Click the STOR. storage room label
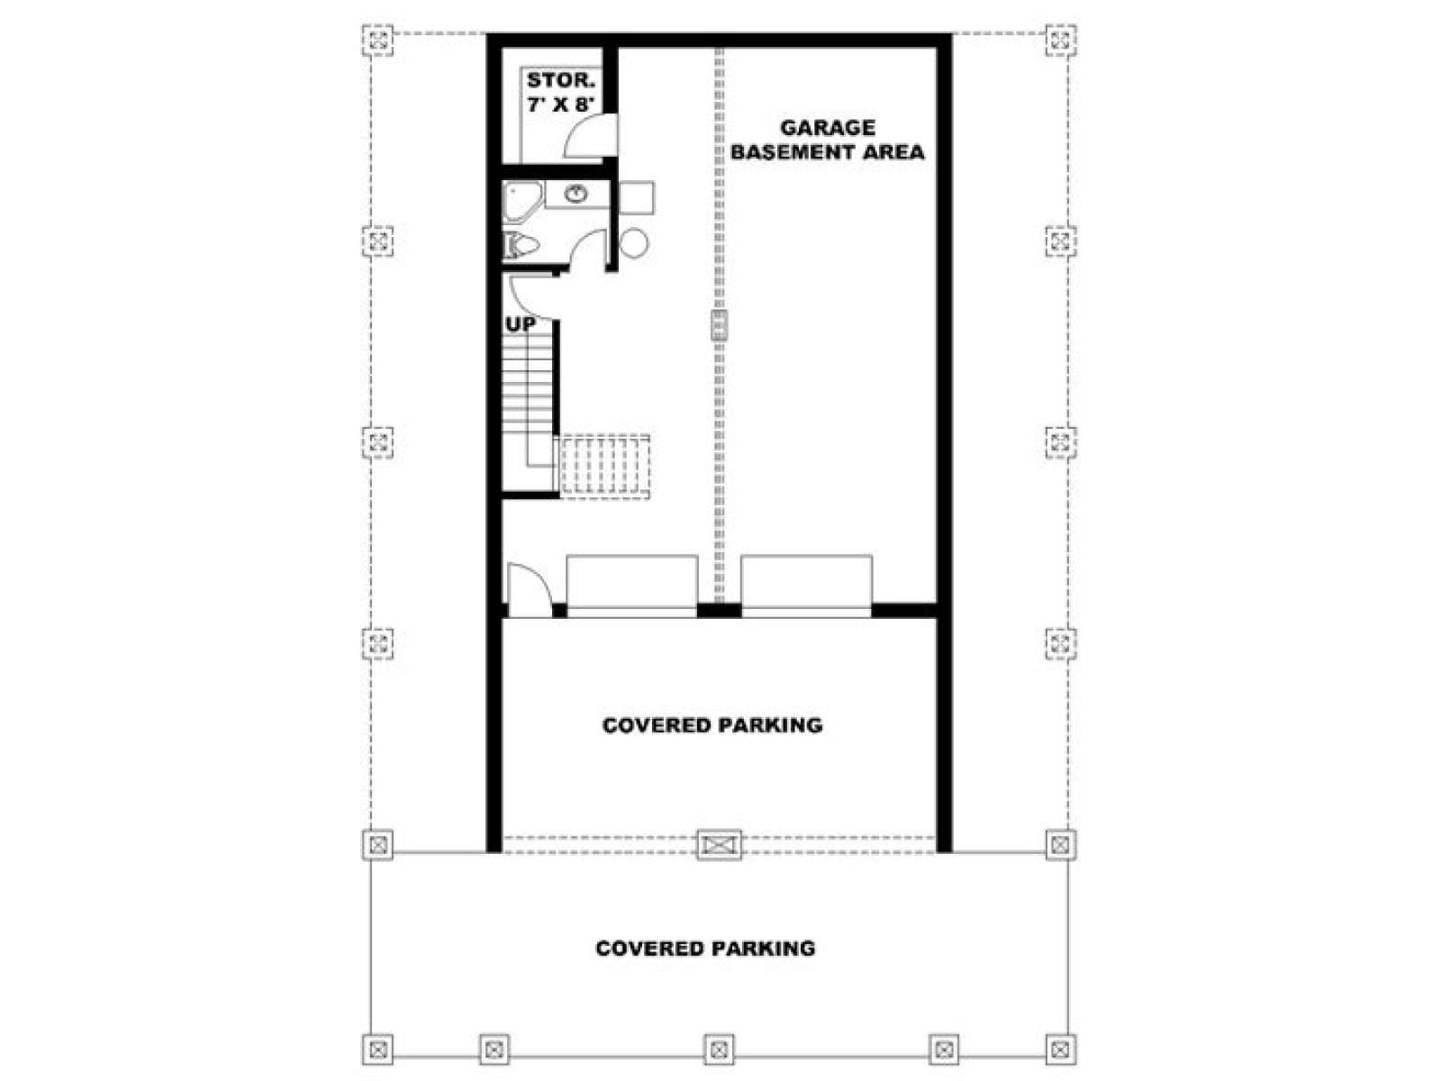(x=560, y=81)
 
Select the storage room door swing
(x=590, y=135)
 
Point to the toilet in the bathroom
(x=521, y=246)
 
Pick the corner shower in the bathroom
(x=522, y=202)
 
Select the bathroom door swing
(x=586, y=250)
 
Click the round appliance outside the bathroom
(x=633, y=243)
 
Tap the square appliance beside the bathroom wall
(x=636, y=197)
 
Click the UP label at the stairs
(x=520, y=324)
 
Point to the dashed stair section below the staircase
(x=603, y=467)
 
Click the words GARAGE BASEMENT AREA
(x=827, y=140)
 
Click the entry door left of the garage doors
(x=530, y=590)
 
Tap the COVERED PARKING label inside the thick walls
(x=711, y=725)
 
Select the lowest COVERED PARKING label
(x=705, y=949)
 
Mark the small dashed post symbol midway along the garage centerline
(x=720, y=325)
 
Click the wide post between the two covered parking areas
(x=719, y=845)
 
